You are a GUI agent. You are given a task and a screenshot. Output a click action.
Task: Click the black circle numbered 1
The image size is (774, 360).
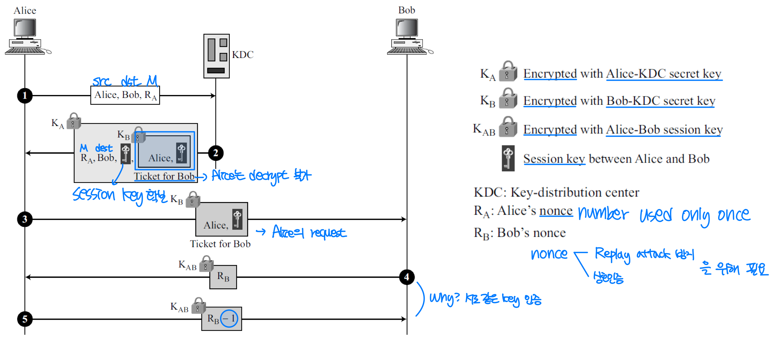click(25, 96)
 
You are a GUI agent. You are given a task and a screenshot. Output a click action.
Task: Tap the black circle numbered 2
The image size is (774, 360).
click(215, 153)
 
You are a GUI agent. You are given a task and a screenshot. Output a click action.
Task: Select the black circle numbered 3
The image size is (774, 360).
click(25, 219)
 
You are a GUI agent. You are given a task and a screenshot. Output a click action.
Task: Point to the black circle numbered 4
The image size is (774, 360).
click(407, 277)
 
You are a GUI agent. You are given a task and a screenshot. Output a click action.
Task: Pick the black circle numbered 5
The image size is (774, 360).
click(25, 319)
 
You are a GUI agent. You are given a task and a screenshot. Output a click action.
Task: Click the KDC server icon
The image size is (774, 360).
click(216, 56)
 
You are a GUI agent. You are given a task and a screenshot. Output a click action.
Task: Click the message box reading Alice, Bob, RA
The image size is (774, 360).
click(125, 95)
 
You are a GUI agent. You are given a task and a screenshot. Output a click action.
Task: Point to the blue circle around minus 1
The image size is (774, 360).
click(229, 319)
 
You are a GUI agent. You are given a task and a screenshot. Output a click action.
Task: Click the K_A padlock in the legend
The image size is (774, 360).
click(508, 71)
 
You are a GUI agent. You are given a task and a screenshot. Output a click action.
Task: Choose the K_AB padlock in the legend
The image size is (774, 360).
click(508, 127)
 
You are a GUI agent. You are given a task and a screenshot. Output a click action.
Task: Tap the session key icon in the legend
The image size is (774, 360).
click(508, 158)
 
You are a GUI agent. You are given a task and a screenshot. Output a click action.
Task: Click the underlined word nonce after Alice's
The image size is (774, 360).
click(556, 211)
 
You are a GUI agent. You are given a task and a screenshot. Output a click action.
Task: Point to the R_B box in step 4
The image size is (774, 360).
click(223, 277)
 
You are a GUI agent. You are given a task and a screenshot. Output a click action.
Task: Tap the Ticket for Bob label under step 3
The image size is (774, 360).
click(220, 244)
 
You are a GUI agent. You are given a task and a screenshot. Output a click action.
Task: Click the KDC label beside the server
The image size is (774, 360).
click(243, 55)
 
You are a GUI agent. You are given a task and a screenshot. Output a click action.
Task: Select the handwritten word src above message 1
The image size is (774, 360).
click(102, 81)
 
